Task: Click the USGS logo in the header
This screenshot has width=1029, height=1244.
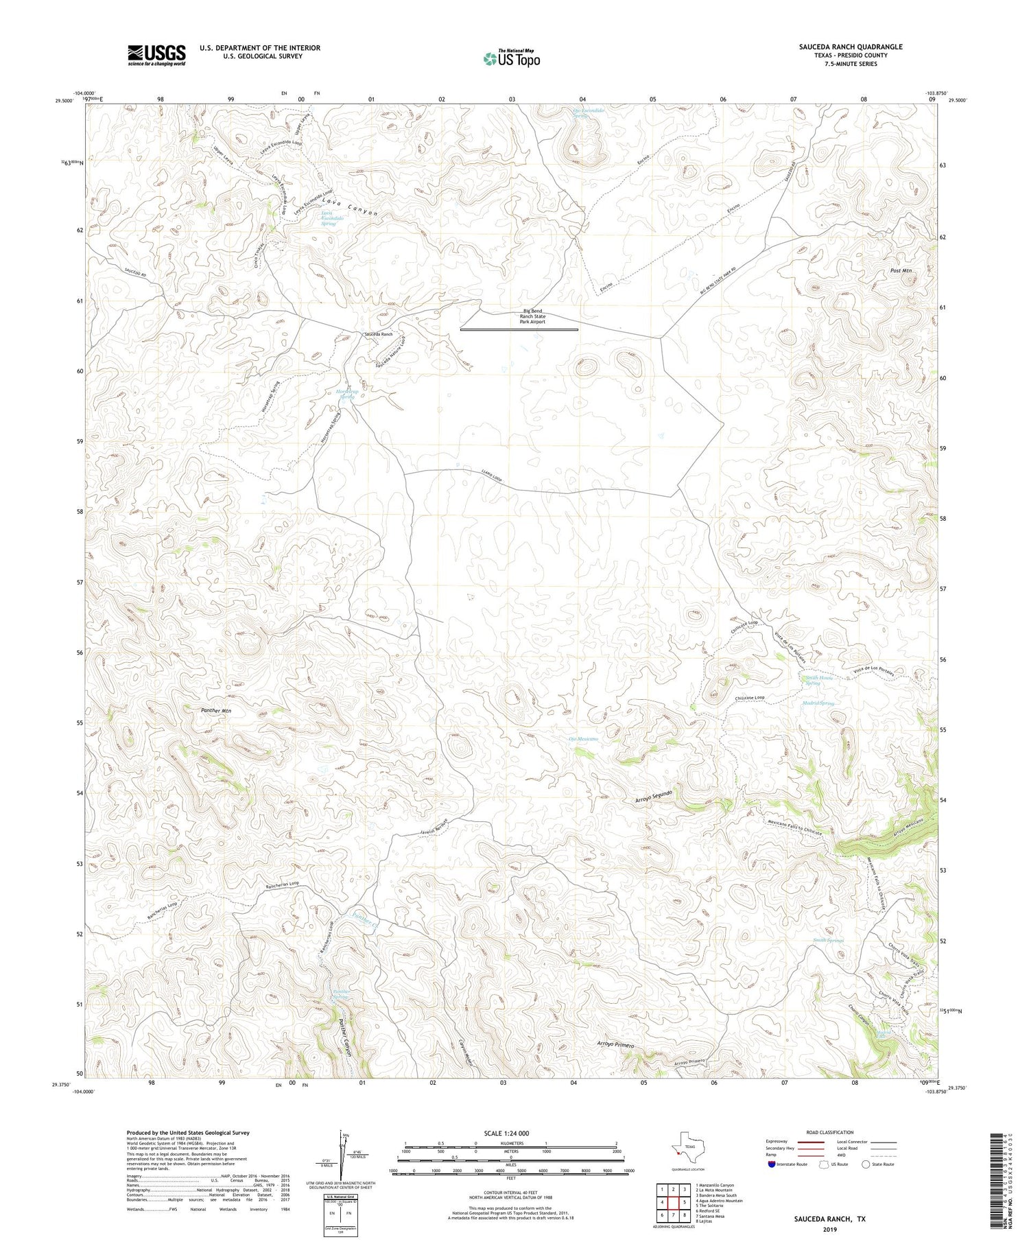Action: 156,55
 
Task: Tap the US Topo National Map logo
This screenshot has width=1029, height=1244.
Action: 511,58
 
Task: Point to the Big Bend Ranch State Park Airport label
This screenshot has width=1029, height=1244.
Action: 532,316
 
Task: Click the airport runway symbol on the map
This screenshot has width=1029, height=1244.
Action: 519,330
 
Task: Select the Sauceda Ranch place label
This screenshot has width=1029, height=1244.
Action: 377,334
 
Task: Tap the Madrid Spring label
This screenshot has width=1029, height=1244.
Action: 818,703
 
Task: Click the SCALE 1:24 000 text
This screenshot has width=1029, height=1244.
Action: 511,1133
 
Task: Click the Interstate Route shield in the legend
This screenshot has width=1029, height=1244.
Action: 772,1164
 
